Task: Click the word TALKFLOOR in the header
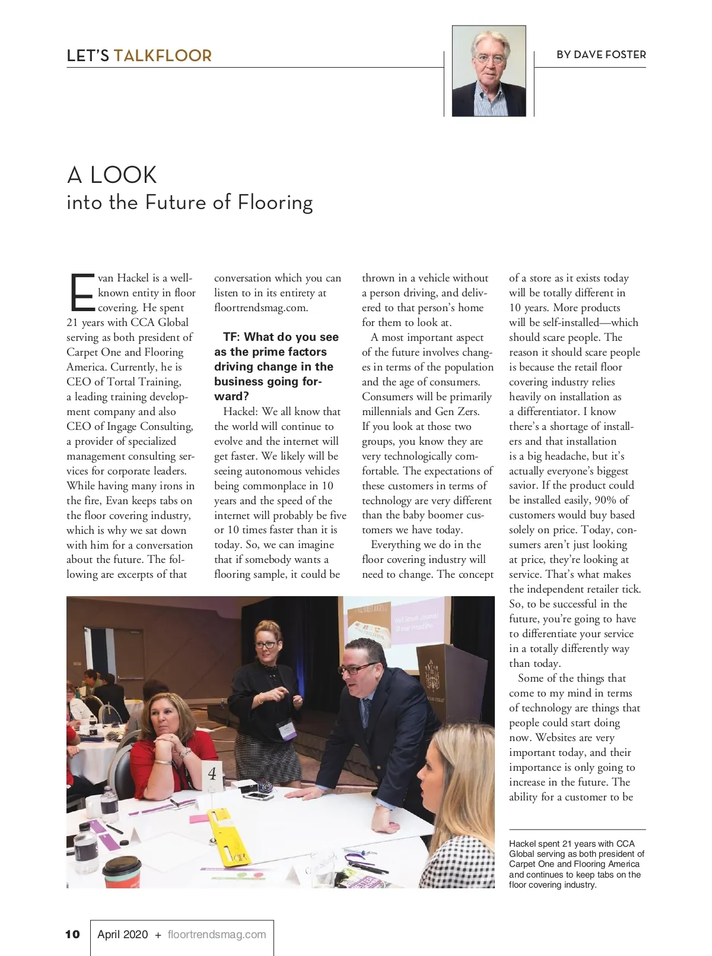163,56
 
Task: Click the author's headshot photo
489,71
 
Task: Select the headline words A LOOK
112,175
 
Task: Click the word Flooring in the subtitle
275,203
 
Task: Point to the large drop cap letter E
82,293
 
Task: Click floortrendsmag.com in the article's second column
261,308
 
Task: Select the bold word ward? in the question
231,397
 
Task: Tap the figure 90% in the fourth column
605,500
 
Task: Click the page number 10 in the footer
72,934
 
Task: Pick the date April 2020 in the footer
122,934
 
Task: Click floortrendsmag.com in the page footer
217,934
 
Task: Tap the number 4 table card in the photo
212,774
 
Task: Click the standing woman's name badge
288,728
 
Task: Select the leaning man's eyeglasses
359,669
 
